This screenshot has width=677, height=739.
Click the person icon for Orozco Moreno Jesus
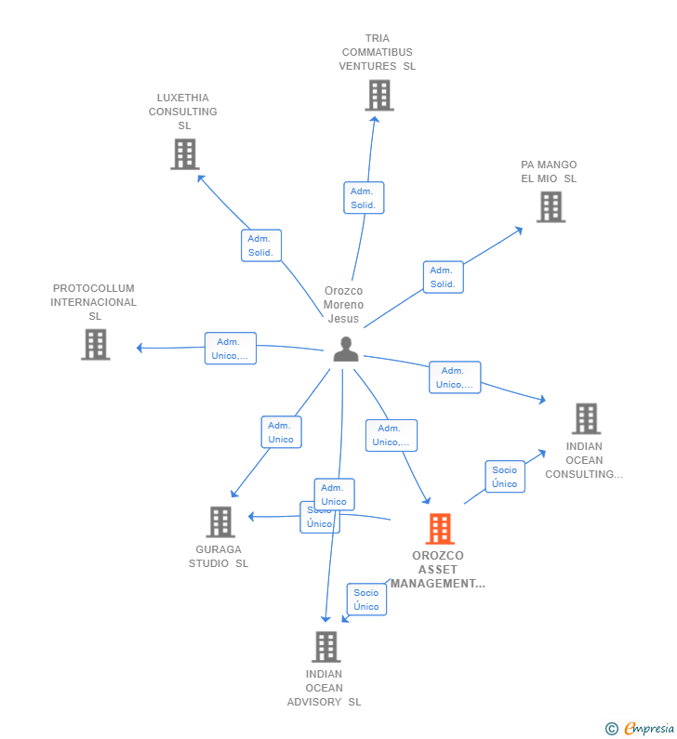coord(346,350)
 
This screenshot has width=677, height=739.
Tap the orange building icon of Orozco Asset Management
coord(440,529)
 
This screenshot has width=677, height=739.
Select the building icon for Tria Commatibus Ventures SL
coord(378,95)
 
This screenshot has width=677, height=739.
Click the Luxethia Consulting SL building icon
coord(184,154)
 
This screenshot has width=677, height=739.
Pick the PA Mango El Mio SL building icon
coord(551,206)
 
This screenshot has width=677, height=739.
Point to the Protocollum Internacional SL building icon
coord(95,344)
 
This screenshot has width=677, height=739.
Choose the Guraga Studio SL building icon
coord(219,522)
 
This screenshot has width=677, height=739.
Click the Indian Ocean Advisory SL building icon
coord(325,646)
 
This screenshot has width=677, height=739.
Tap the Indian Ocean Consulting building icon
coord(586,418)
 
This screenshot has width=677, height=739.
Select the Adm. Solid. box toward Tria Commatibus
coord(364,198)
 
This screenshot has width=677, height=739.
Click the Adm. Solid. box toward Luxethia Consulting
coord(260,245)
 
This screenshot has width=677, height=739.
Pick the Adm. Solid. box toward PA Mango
coord(443,277)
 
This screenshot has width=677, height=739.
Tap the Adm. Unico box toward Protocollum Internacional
coord(230,349)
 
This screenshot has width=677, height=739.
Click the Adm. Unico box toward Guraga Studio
coord(281,432)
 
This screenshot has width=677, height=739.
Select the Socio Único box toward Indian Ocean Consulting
coord(505,477)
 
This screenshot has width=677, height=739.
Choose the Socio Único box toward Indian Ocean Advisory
coord(366,600)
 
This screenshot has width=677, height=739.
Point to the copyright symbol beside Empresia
coord(611,729)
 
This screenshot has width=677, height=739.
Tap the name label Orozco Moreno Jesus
coord(343,305)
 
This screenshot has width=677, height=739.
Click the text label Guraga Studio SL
coord(219,556)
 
